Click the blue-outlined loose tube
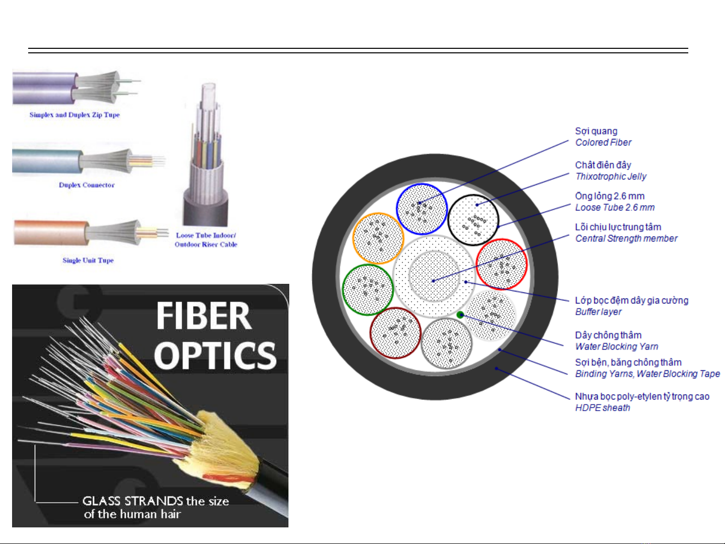click(x=422, y=209)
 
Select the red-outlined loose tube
click(x=502, y=264)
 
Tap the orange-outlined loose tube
click(x=378, y=238)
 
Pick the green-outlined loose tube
click(x=368, y=290)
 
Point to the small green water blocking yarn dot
click(x=460, y=315)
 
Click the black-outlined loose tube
click(x=473, y=220)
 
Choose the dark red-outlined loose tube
click(x=395, y=333)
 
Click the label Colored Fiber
click(x=603, y=142)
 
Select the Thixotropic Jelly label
click(x=610, y=176)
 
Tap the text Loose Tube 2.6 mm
click(x=614, y=207)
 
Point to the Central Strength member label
click(x=626, y=239)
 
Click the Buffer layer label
click(x=598, y=312)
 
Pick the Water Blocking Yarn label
click(x=616, y=346)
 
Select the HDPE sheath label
click(x=602, y=408)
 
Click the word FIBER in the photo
click(x=203, y=316)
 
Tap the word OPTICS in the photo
click(x=215, y=355)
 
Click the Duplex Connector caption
click(x=87, y=185)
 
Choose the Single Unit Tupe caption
click(x=88, y=260)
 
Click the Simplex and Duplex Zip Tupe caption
click(x=74, y=115)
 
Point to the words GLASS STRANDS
click(x=132, y=501)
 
